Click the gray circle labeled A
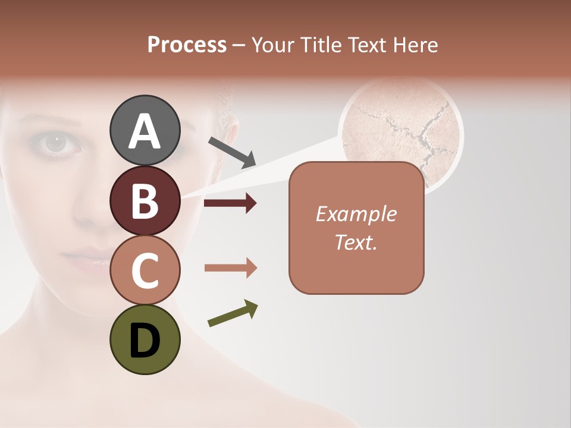(145, 130)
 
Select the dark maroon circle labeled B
(145, 200)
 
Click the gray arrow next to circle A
(232, 152)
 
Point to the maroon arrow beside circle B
(230, 203)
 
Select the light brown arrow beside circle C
(230, 268)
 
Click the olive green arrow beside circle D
(233, 313)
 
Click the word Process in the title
(187, 45)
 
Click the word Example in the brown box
(356, 214)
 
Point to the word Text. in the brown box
(356, 242)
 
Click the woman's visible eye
(57, 142)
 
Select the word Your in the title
(274, 45)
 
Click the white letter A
(145, 131)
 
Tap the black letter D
(145, 339)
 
